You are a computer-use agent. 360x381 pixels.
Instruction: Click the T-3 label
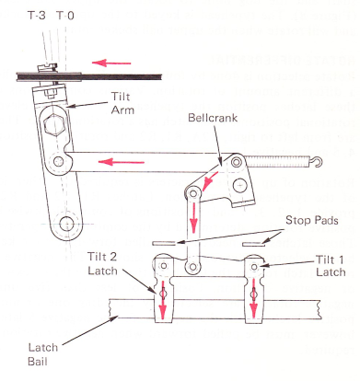pos(37,15)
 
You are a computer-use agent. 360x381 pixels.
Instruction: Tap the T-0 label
pos(65,15)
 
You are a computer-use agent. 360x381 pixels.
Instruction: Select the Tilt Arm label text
pos(122,103)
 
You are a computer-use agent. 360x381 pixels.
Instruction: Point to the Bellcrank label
pos(213,118)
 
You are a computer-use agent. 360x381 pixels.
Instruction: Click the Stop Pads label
pos(312,220)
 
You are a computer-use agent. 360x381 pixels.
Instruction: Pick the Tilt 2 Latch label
pos(102,263)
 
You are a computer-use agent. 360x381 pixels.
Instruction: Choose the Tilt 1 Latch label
pos(331,266)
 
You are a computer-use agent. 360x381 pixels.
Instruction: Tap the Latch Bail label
pos(42,354)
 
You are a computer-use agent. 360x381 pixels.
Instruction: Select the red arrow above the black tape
pos(111,63)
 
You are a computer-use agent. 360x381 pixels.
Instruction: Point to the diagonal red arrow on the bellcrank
pos(210,181)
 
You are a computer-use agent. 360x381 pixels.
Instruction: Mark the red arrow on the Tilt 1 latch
pos(254,299)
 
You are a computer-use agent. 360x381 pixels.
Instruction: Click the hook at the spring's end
pos(318,162)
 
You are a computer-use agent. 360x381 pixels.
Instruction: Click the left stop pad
pos(164,243)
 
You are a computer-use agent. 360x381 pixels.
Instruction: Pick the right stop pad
pos(253,244)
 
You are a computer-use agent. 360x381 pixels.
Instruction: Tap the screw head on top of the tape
pos(47,66)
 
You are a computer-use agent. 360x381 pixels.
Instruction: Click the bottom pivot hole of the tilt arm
pos(66,224)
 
